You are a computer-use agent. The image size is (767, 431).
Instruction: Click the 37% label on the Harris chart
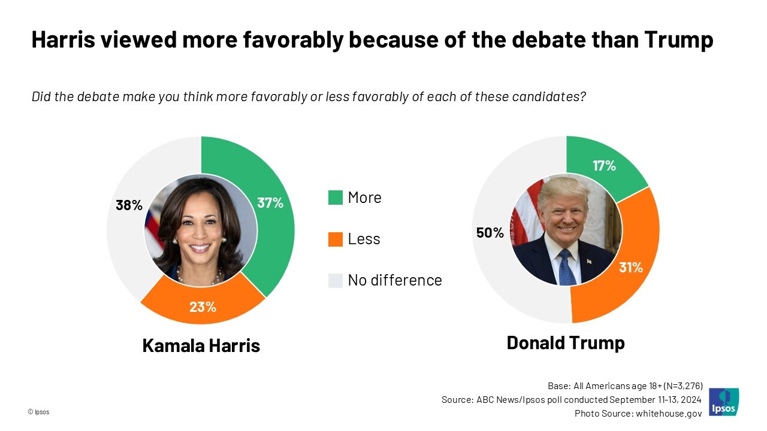coord(270,203)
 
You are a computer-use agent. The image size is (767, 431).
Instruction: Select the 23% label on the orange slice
coord(203,307)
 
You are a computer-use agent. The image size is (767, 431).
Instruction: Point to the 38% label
coord(129,205)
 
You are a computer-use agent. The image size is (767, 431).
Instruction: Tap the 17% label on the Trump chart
coord(604,166)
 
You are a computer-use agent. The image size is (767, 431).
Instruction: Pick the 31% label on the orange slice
coord(631,268)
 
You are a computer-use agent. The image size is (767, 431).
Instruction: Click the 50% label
coord(490,233)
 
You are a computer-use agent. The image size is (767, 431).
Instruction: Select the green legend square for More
coord(336,198)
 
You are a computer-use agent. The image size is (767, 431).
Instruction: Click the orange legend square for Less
coord(336,239)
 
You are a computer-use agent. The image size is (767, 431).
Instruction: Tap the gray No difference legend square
coord(336,280)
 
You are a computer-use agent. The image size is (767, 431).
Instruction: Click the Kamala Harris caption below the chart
coord(201,345)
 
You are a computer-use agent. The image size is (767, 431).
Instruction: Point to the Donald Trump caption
coord(566,342)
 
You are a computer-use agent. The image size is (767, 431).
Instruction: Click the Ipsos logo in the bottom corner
coord(723,402)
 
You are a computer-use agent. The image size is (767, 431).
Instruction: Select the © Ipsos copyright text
coord(38,412)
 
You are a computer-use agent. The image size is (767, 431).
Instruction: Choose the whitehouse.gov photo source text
coord(668,413)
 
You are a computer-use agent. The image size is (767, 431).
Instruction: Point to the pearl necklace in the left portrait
coord(200,277)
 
